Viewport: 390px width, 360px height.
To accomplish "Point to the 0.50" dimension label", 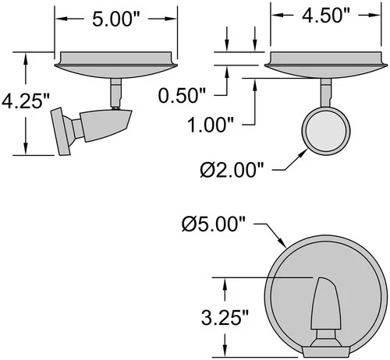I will tap(181, 95).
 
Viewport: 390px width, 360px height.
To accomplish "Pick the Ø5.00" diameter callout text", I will tap(217, 224).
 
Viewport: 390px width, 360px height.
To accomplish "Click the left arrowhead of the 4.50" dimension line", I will tap(274, 14).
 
